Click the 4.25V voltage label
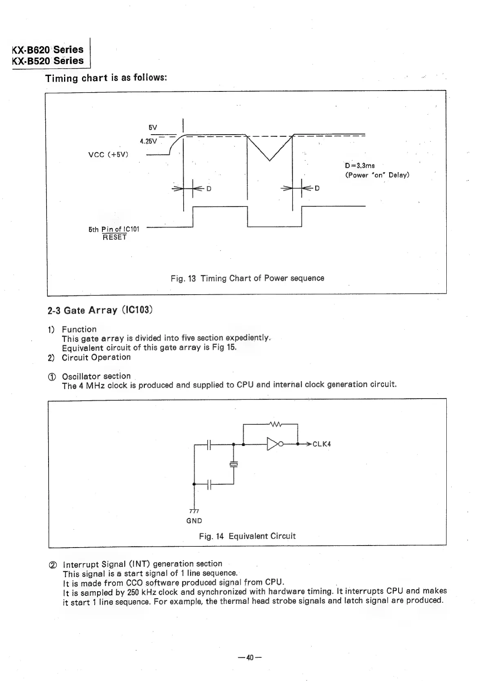pyautogui.click(x=148, y=141)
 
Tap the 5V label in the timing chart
pyautogui.click(x=153, y=127)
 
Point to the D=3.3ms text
pyautogui.click(x=359, y=166)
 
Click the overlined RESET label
pyautogui.click(x=115, y=237)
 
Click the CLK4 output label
pyautogui.click(x=321, y=444)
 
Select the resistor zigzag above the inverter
pyautogui.click(x=276, y=424)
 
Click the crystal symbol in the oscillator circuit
pyautogui.click(x=233, y=464)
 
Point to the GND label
pyautogui.click(x=194, y=521)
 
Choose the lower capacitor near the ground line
pyautogui.click(x=208, y=484)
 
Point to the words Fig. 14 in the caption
pyautogui.click(x=211, y=536)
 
